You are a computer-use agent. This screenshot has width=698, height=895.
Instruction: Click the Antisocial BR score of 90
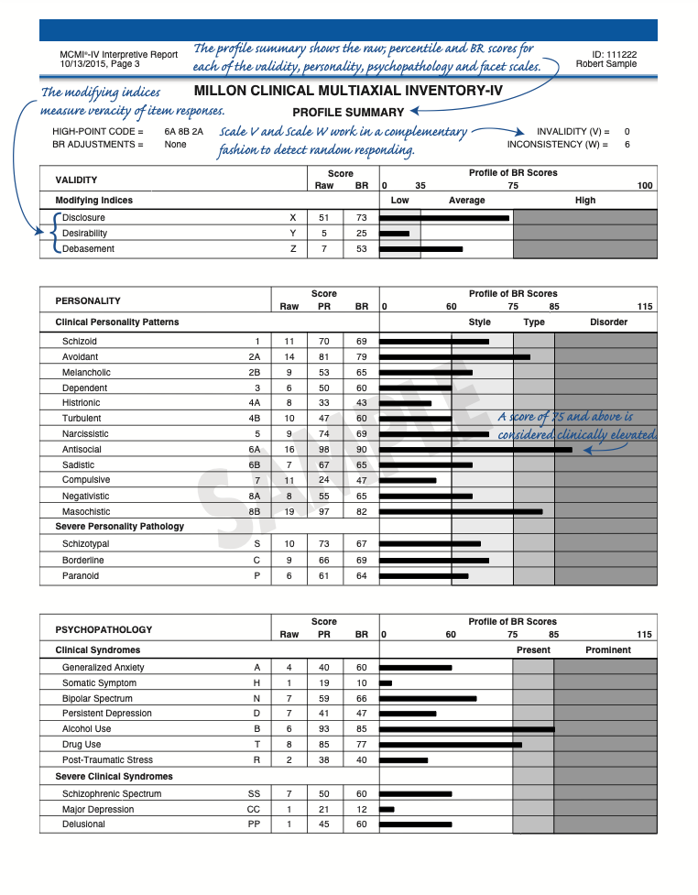(x=361, y=450)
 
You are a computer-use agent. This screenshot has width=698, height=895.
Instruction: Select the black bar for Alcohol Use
(x=466, y=729)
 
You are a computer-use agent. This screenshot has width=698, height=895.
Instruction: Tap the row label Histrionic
(x=81, y=403)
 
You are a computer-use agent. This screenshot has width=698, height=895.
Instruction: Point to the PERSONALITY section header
(x=88, y=300)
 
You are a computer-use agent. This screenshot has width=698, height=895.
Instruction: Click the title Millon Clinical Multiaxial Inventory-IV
(x=348, y=92)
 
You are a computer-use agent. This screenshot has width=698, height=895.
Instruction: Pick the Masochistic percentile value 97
(x=324, y=511)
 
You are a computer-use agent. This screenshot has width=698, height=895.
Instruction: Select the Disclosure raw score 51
(x=323, y=218)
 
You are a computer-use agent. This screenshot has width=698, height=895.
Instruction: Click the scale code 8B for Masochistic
(x=255, y=511)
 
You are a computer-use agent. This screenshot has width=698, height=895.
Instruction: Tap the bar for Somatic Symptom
(x=386, y=683)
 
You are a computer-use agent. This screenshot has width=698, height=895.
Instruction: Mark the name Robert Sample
(x=606, y=64)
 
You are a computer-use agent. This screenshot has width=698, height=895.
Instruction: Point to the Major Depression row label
(x=97, y=809)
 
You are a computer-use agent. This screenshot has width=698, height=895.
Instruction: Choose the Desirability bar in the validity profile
(x=394, y=234)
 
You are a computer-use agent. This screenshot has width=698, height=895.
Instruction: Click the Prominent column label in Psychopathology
(x=607, y=649)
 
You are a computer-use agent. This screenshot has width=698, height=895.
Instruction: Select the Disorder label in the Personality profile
(x=608, y=322)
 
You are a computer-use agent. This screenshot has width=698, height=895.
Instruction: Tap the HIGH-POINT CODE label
(x=98, y=131)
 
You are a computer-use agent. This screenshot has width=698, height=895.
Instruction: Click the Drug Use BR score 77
(x=361, y=745)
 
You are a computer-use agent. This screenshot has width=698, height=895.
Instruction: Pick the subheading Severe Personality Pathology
(x=119, y=526)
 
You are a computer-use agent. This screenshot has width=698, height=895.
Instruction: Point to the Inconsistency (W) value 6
(x=627, y=145)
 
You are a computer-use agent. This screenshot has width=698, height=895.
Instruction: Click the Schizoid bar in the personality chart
(x=433, y=342)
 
